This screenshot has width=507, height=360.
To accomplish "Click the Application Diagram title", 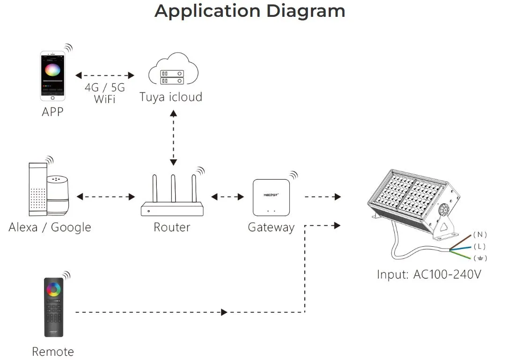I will pos(250,11).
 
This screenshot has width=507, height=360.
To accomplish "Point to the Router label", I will pos(172,228).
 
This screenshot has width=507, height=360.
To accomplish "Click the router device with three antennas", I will pos(172,196).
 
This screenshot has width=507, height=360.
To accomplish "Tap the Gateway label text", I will pos(271,228).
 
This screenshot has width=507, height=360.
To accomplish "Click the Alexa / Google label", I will pos(50,228).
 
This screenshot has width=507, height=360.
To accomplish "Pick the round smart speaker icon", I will pos(58,192).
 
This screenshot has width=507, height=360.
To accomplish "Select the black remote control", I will pos(53,307).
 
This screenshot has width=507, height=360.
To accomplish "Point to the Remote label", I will pos(52,351).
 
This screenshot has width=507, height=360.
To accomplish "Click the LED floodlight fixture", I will pos(412,201).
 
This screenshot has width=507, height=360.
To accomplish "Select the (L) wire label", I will pos(479,246).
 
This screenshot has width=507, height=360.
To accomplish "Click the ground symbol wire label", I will pos(480,258).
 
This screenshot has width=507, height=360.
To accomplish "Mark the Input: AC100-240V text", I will pos(429,274).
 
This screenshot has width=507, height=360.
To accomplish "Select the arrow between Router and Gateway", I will pos(228,197).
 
